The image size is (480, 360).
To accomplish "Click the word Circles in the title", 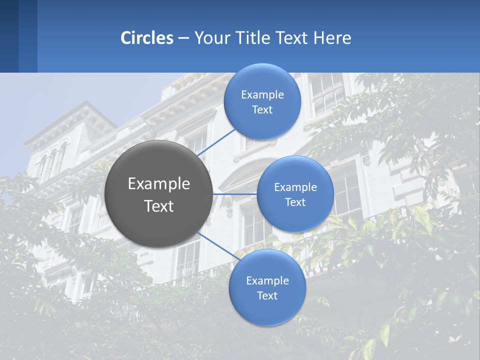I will pos(146,38).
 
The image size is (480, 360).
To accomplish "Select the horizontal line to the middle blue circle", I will pos(234,194).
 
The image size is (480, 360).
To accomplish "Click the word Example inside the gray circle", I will pos(158,184).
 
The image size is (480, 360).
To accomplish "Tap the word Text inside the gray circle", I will pos(158,206).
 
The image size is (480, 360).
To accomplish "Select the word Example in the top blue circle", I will pos(262,95).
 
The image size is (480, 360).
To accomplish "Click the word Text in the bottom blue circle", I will pos(267,295).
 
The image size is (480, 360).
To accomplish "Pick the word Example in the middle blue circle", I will pos(295,187).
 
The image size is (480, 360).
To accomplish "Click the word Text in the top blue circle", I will pos(262,110).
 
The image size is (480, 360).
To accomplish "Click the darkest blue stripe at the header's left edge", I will pos(9,36).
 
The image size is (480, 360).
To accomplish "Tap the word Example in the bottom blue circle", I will pos(267,281).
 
